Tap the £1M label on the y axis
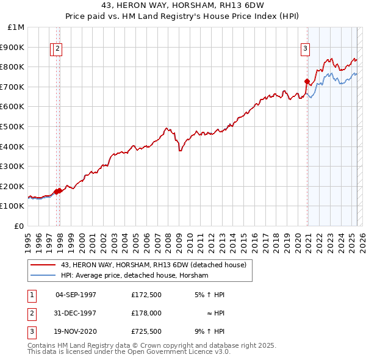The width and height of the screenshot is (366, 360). click(x=16, y=27)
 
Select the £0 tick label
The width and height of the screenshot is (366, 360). click(x=20, y=226)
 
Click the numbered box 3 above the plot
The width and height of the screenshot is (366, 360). click(x=304, y=50)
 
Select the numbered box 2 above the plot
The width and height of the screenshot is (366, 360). click(x=57, y=50)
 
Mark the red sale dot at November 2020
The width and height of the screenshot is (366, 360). click(x=307, y=81)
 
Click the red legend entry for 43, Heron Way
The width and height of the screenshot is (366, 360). click(x=153, y=265)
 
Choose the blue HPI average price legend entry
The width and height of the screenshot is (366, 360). click(x=134, y=276)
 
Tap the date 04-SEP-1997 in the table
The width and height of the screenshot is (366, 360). click(x=76, y=294)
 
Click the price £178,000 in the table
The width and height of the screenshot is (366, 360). click(x=146, y=313)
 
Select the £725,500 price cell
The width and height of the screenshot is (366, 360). click(x=146, y=332)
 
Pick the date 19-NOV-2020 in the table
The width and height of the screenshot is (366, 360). click(x=76, y=332)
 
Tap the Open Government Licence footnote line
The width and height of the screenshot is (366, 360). click(x=129, y=352)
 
